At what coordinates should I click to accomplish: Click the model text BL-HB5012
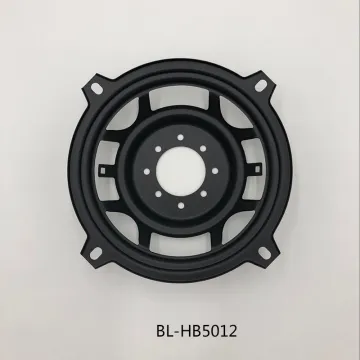coord(180,322)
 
